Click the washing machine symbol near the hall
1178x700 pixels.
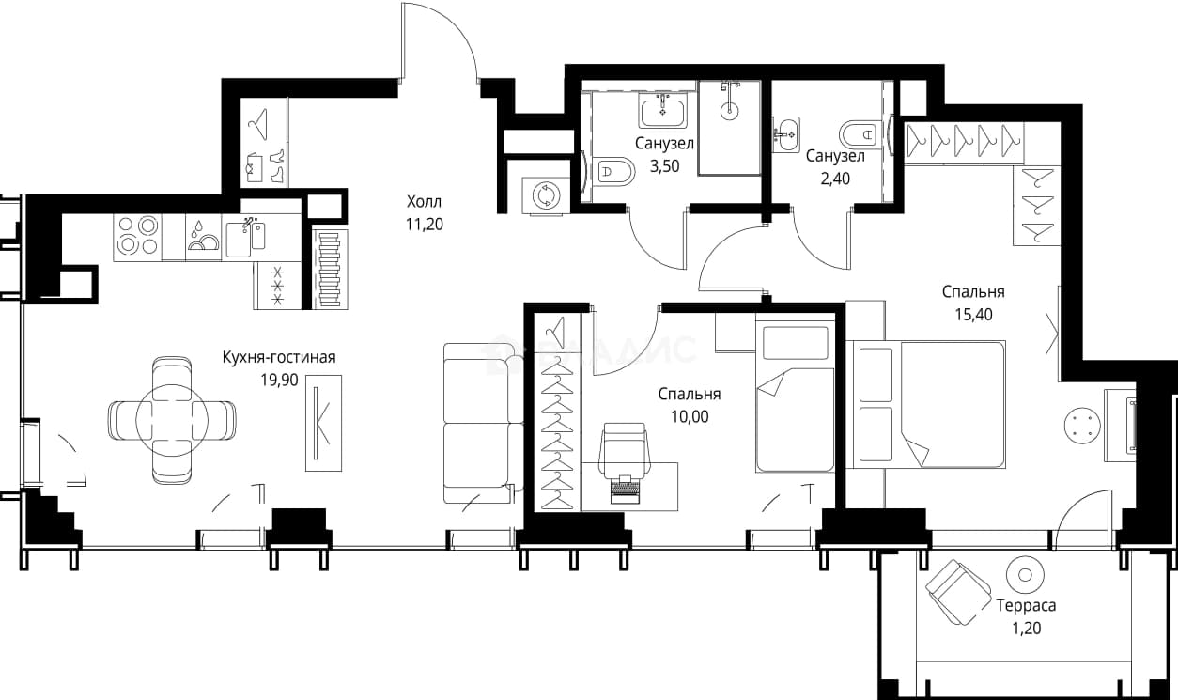point(546,195)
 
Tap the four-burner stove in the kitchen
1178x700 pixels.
point(138,237)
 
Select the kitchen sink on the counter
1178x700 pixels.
point(245,238)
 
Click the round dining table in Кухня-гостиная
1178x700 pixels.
point(172,420)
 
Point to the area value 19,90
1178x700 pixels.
point(279,380)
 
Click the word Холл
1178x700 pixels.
point(424,201)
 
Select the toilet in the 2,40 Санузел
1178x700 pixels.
point(860,135)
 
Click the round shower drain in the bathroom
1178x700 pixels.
point(729,110)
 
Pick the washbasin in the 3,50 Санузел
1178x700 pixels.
point(662,111)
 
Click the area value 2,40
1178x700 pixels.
point(835,179)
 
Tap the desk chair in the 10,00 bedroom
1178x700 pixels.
point(625,448)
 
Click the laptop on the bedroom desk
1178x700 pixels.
point(625,490)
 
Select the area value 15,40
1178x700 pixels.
point(973,315)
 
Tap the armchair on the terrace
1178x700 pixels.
point(958,592)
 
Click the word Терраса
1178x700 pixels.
point(1026,606)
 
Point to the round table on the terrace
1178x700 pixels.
point(1025,575)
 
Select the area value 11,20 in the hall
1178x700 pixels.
point(424,225)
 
